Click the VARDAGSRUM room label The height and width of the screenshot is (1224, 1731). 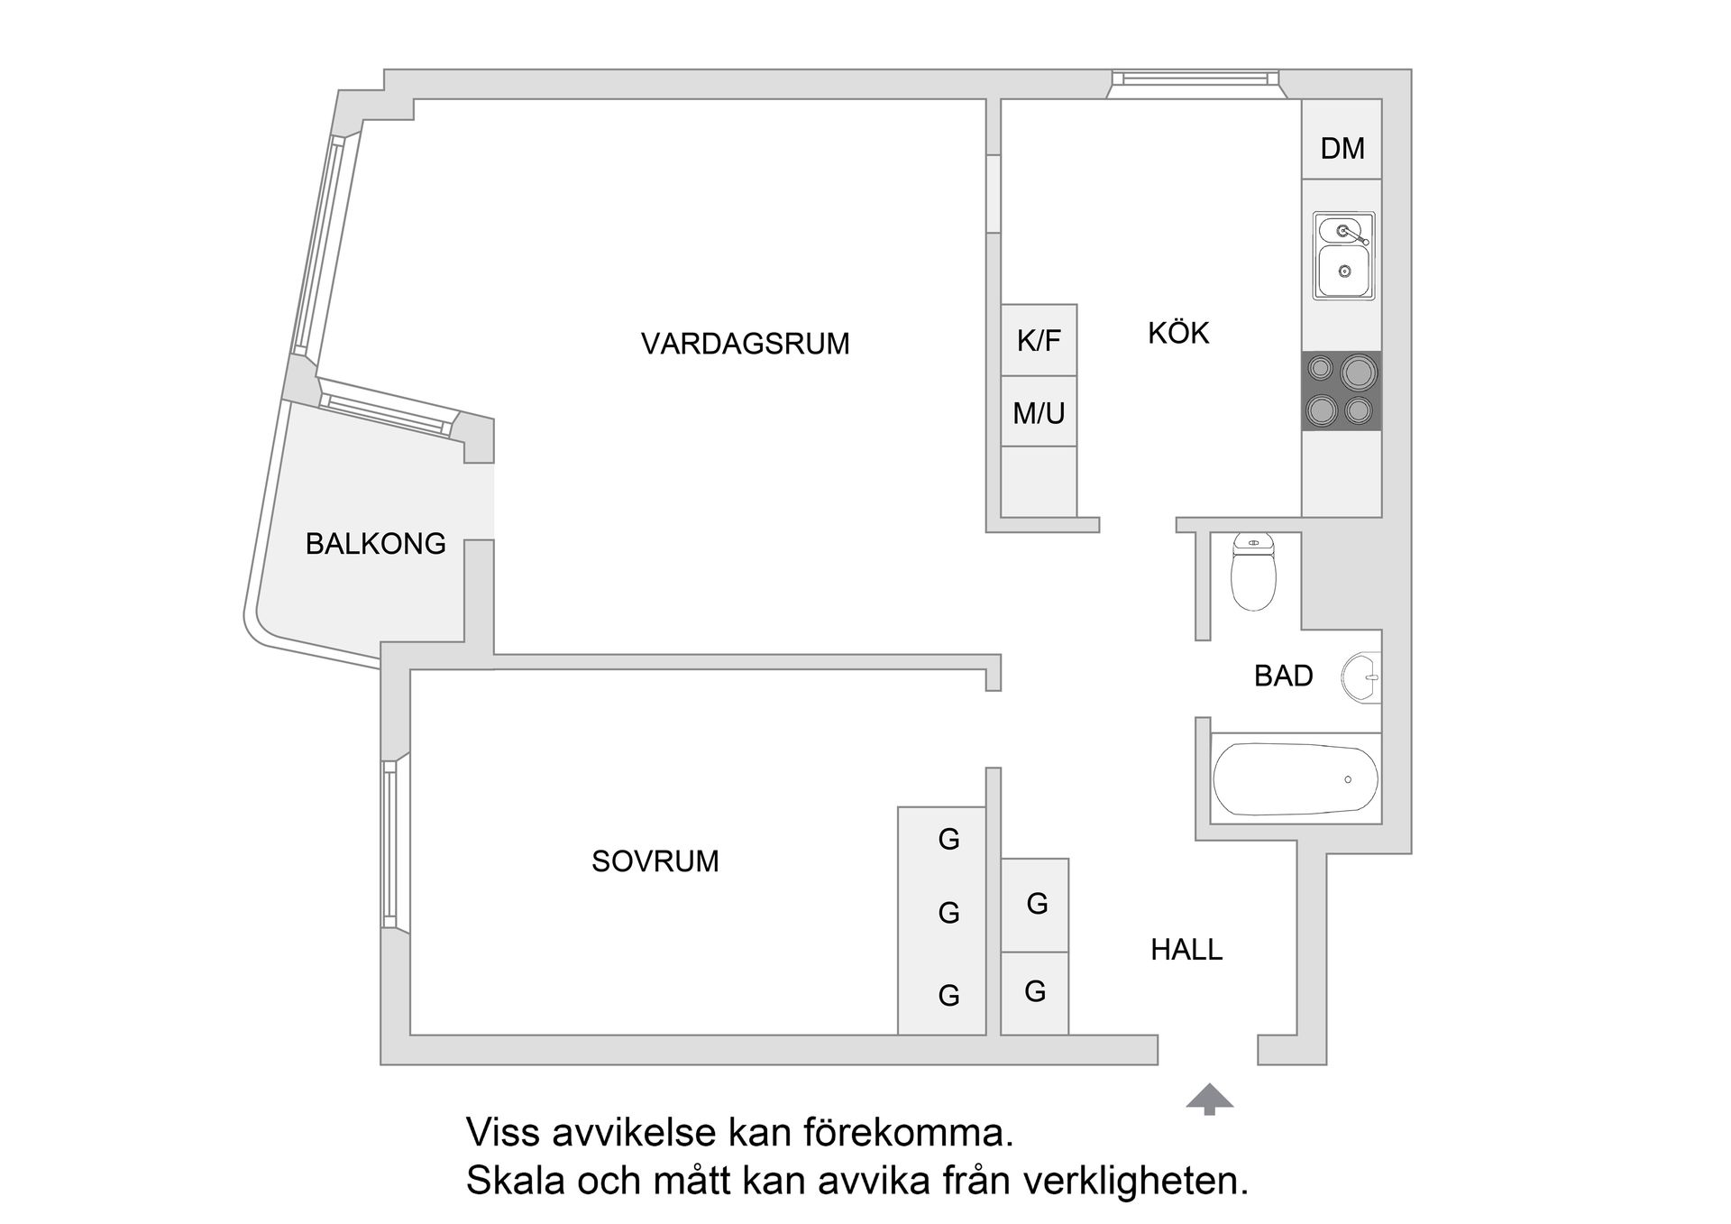tap(745, 344)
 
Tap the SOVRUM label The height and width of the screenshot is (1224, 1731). tap(655, 861)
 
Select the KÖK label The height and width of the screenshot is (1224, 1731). tap(1177, 333)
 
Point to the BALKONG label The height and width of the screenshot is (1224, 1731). tap(375, 544)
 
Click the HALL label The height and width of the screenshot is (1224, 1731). tap(1186, 950)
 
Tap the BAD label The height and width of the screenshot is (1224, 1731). tap(1283, 676)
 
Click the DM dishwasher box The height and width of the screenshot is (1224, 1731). tap(1342, 148)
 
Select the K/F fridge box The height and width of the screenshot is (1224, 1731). tap(1039, 340)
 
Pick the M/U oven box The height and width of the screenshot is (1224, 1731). tap(1039, 412)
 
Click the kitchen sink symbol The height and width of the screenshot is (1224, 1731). tap(1343, 256)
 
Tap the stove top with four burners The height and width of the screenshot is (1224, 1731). tap(1342, 391)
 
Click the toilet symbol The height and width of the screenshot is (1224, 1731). tap(1253, 572)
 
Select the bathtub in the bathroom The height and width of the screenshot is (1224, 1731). tap(1295, 779)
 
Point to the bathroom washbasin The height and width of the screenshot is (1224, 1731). tap(1361, 677)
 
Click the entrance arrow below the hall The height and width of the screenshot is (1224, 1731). tap(1209, 1099)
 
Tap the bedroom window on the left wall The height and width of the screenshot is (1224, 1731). tap(389, 843)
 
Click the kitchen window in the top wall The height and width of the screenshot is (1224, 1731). tap(1194, 80)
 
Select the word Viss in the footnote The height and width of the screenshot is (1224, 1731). tap(502, 1133)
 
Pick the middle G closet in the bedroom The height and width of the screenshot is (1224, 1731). tap(948, 913)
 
